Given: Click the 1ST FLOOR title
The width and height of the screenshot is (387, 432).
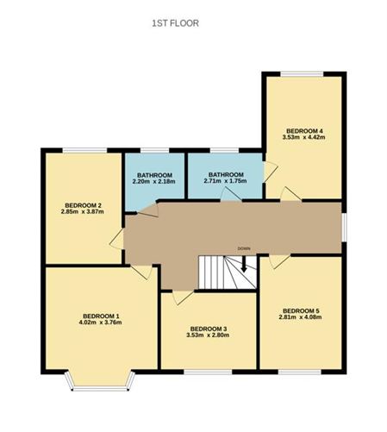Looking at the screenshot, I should point(175,23).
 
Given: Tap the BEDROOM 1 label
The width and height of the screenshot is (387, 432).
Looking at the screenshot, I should point(101,316).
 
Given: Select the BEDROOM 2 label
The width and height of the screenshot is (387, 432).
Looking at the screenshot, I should point(82,205).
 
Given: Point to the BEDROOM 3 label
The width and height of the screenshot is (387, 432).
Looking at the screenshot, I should point(209,329).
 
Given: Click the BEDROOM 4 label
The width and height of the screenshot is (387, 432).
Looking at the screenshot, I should point(305,129).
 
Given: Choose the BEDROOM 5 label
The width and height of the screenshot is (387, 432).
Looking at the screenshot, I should point(301,310).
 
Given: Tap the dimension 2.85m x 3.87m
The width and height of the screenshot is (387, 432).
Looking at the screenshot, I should point(82,212).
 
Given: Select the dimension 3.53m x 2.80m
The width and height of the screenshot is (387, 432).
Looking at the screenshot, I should point(209,335).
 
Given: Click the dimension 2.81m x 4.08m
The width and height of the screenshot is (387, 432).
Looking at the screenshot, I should point(301,317).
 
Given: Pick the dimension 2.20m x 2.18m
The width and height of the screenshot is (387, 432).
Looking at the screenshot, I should point(154,181).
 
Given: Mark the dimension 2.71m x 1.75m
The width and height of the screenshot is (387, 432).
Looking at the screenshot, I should point(223,181).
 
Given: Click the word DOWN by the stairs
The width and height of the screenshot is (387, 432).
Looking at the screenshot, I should point(244,249).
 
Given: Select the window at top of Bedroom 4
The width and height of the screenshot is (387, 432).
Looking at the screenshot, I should point(305,73).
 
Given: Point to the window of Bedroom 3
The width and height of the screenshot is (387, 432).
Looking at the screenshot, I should point(209,372).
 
